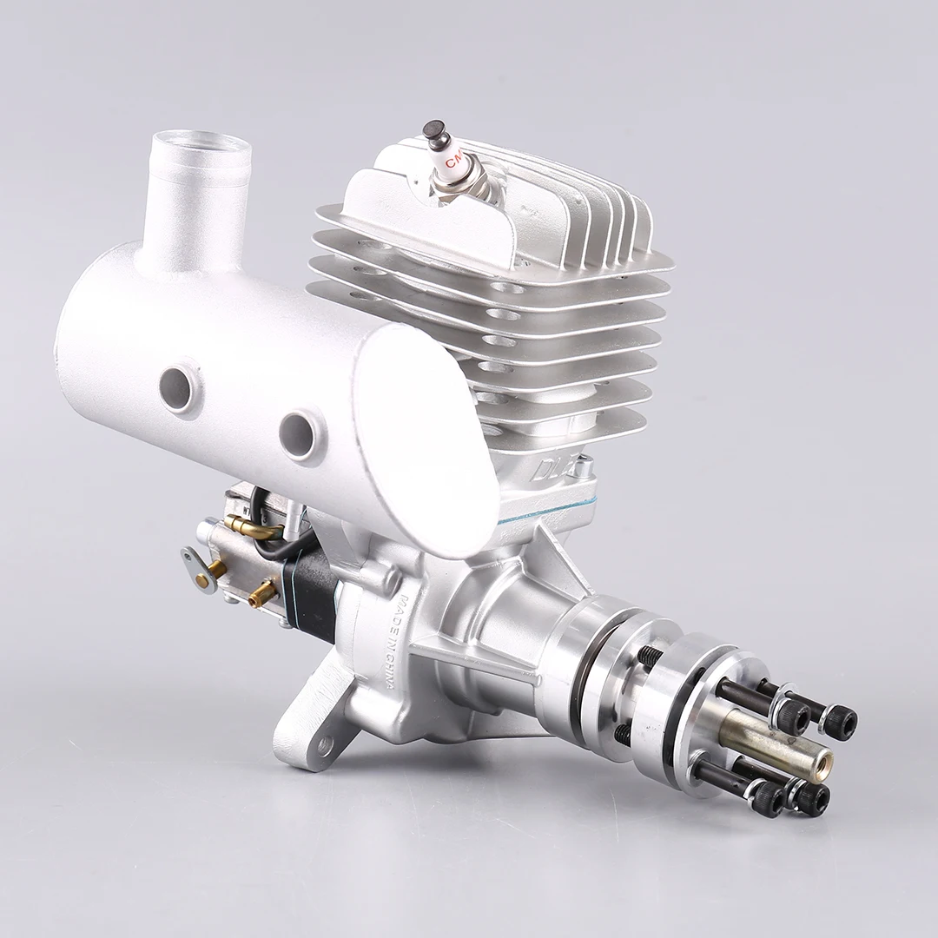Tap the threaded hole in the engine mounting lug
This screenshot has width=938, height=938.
(x=325, y=744)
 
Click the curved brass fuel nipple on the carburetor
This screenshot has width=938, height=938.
(x=252, y=526)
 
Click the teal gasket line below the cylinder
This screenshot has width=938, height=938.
(x=538, y=512)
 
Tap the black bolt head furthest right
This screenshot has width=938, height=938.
(x=841, y=723)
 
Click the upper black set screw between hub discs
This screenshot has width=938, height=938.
(x=650, y=657)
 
